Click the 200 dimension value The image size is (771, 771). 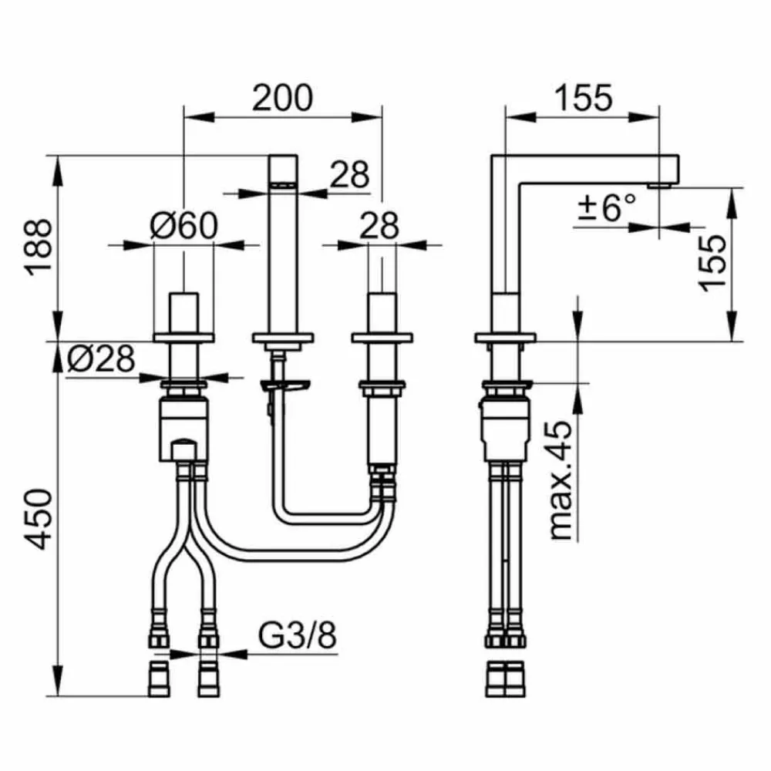click(282, 98)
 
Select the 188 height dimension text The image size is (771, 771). click(39, 247)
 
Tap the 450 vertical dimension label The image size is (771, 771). click(39, 519)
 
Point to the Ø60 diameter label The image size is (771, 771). click(183, 226)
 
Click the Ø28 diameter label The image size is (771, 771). click(101, 359)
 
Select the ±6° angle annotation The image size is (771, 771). click(607, 207)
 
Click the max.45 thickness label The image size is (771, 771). click(561, 480)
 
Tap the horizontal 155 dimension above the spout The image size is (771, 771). click(584, 98)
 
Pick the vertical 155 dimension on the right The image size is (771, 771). click(712, 263)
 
